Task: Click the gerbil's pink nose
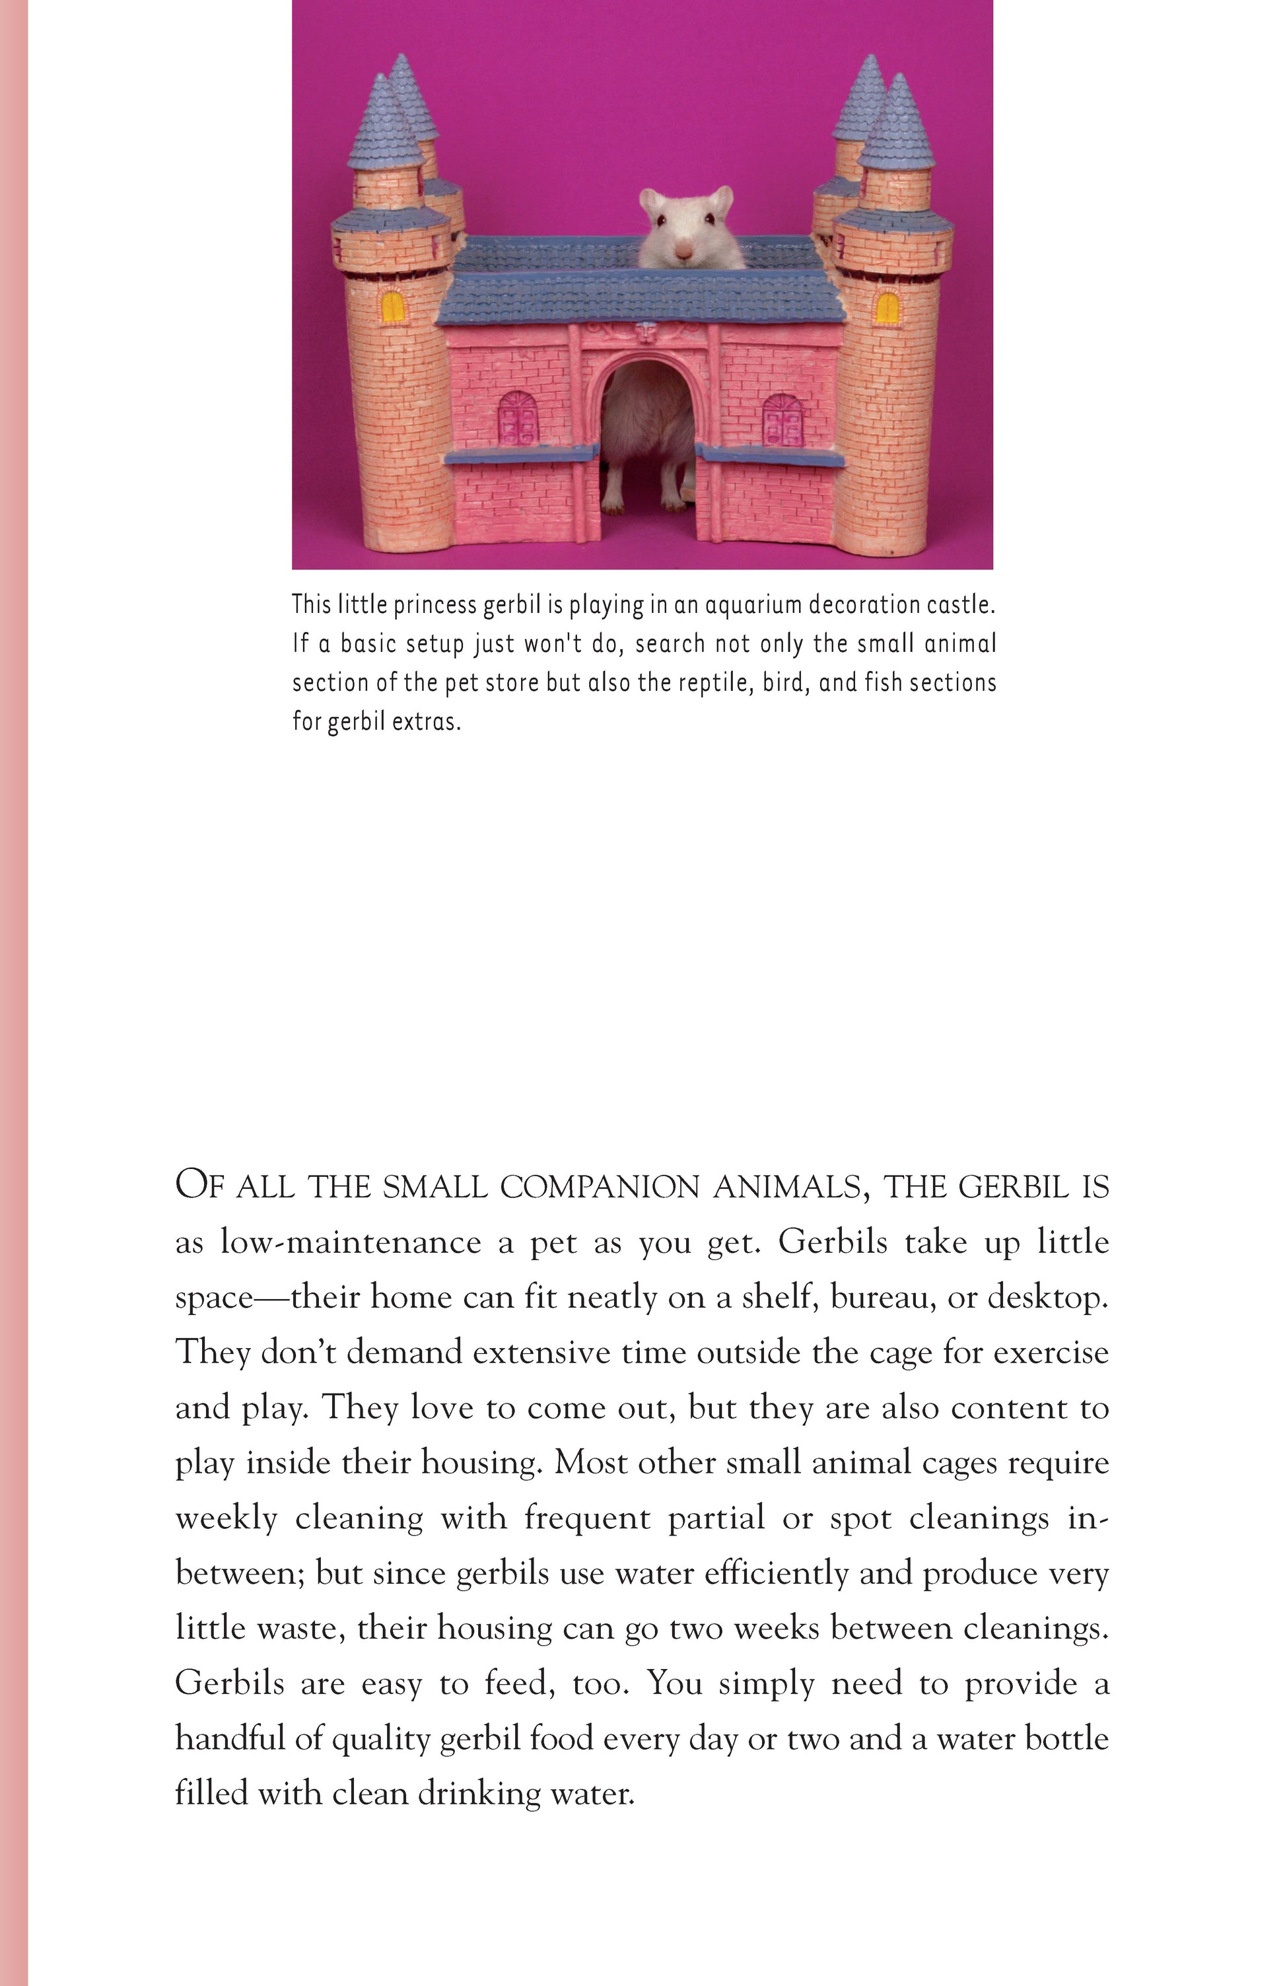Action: [x=683, y=250]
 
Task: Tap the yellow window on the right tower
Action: [x=887, y=308]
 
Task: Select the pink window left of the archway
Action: [x=518, y=418]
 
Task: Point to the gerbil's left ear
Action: [x=651, y=201]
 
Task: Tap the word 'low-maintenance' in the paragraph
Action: [x=351, y=1242]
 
